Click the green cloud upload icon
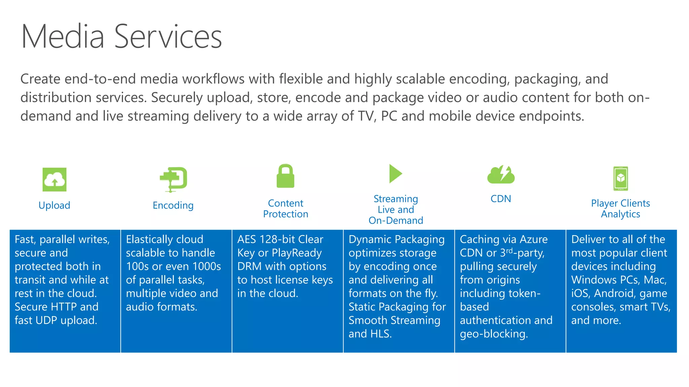[x=55, y=180]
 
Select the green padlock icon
[x=285, y=176]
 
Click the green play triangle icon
[x=395, y=174]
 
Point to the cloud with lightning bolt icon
[x=501, y=175]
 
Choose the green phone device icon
[x=620, y=178]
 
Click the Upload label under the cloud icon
[x=55, y=205]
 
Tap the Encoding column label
[x=173, y=205]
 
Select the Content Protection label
[x=286, y=209]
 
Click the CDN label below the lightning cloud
[x=501, y=199]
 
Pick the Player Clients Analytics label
[x=620, y=209]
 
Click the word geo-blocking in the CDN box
[x=494, y=334]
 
